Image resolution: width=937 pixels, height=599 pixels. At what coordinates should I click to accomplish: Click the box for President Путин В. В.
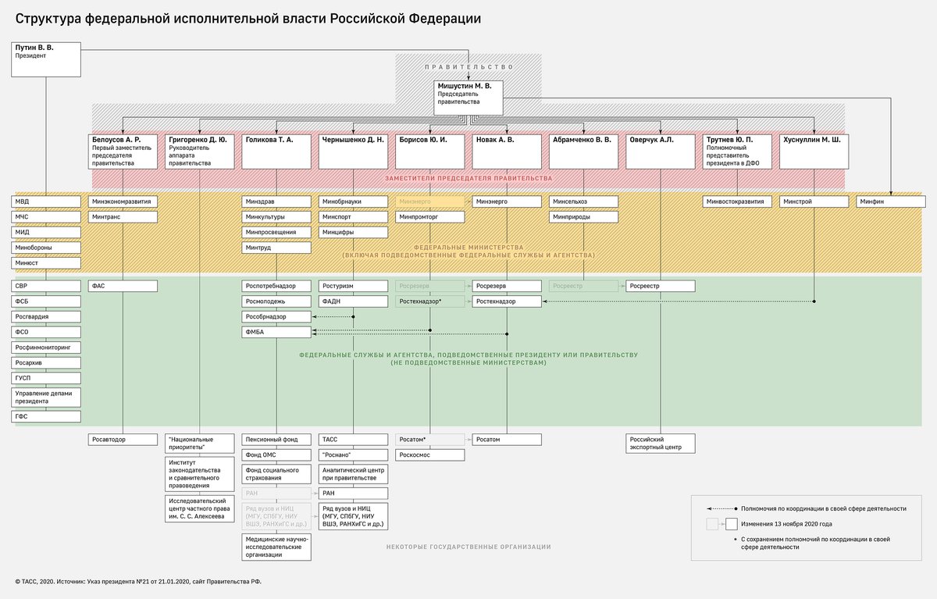(x=46, y=59)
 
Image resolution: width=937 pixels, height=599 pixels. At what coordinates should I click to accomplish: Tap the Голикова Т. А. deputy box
(x=276, y=152)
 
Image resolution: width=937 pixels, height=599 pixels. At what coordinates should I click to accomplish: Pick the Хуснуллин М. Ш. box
(x=814, y=152)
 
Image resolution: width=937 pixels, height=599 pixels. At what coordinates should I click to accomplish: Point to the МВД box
(x=46, y=201)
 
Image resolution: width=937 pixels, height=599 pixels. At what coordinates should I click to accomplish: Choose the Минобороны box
(x=46, y=248)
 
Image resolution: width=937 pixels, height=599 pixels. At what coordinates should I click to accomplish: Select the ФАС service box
(x=123, y=286)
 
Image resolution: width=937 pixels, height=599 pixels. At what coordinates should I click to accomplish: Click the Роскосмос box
(x=429, y=455)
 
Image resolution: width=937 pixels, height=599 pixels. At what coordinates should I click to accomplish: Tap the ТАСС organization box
(x=353, y=440)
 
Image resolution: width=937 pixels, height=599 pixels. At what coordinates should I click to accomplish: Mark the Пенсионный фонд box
(x=276, y=440)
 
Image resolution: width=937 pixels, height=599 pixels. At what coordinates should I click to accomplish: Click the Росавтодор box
(x=123, y=440)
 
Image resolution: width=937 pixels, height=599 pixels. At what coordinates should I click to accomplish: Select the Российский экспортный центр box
(x=660, y=444)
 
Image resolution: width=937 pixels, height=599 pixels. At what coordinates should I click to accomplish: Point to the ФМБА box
(x=276, y=333)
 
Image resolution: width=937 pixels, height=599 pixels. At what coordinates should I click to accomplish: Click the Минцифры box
(x=353, y=232)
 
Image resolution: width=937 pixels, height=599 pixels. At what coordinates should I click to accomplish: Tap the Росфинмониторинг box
(x=46, y=348)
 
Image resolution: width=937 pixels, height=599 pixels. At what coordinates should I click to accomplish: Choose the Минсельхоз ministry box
(x=583, y=201)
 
